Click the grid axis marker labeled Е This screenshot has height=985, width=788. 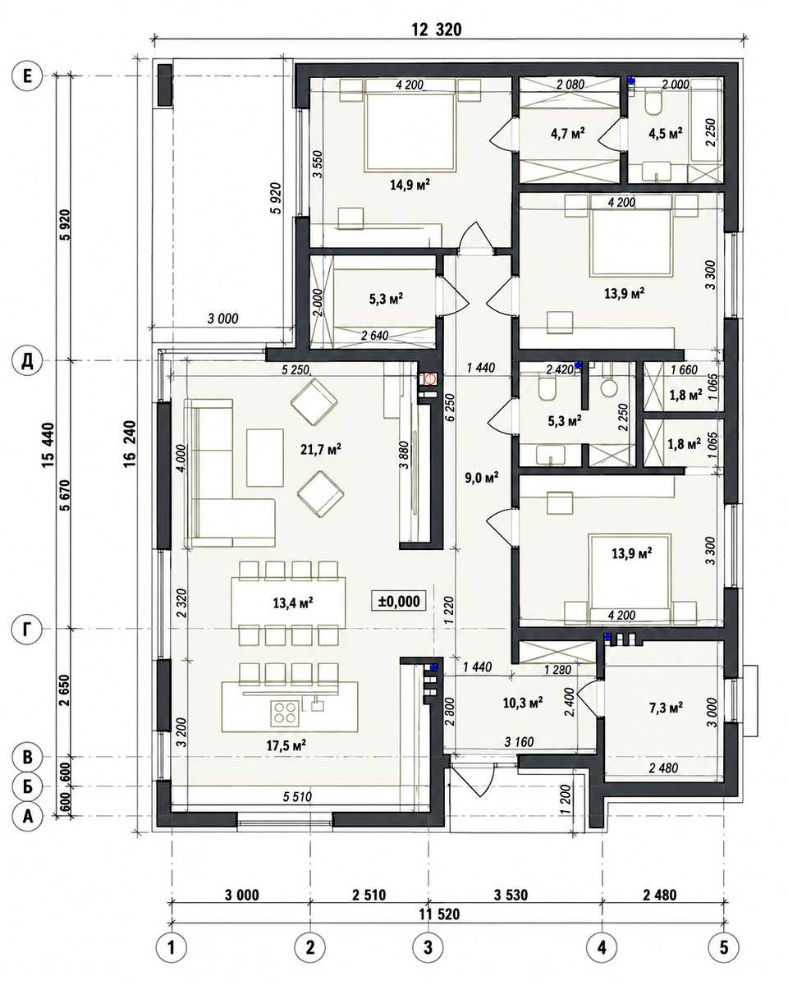point(27,76)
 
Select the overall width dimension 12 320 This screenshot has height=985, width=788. point(437,30)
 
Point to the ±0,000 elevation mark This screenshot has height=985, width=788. point(399,601)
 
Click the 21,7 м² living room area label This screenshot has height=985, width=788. point(321,450)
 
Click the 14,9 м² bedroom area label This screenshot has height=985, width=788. point(410,185)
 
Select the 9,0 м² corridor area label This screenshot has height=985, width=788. point(482,479)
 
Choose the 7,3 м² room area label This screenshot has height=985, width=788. point(666,708)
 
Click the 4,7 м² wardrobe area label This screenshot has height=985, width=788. point(568,134)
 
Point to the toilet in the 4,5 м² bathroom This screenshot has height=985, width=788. point(653,103)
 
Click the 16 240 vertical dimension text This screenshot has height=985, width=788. point(129,444)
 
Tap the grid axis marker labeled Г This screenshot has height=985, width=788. point(27,630)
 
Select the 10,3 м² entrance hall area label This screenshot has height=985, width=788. point(523,702)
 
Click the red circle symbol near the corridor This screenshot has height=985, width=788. point(429,379)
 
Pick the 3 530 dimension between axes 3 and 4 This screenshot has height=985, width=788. point(511,895)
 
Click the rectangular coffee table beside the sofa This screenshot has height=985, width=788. point(264,457)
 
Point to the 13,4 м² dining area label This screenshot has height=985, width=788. point(293,602)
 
